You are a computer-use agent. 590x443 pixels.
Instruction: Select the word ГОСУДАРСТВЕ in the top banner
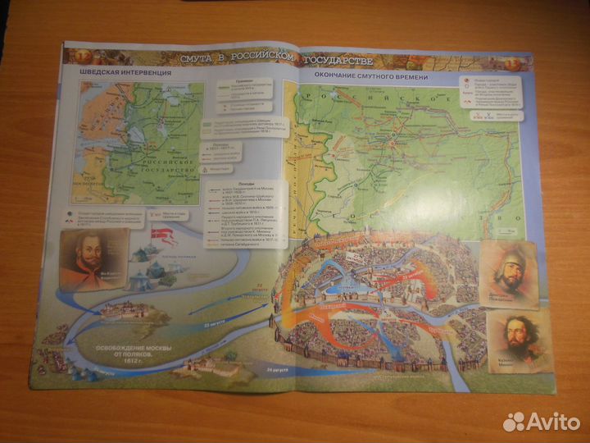tap(339, 62)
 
